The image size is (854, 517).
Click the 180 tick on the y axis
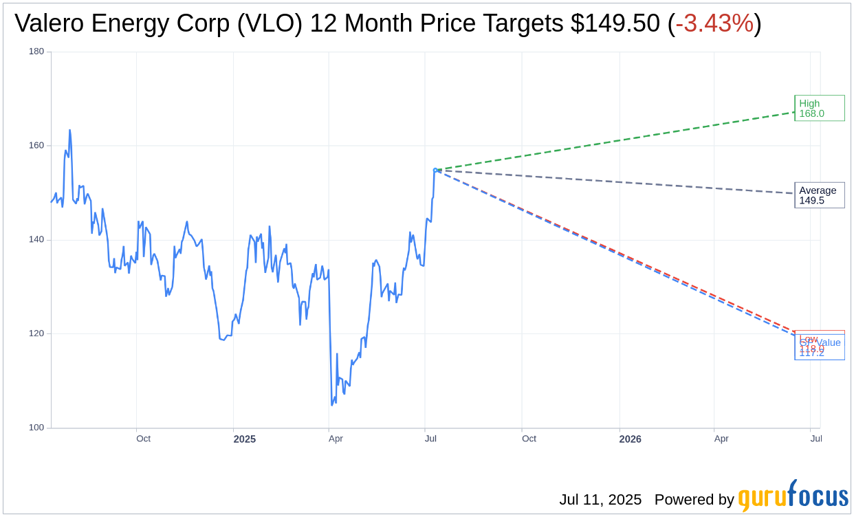click(36, 52)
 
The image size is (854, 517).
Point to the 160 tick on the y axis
click(36, 146)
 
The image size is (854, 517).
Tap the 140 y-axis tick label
click(36, 240)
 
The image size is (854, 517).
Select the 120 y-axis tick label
click(36, 333)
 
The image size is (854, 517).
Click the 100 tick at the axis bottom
click(36, 428)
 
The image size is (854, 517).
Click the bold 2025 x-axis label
click(244, 439)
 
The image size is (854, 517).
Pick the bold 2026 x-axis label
click(630, 439)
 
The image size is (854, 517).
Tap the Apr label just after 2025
click(336, 439)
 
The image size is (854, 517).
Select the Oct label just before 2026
click(529, 439)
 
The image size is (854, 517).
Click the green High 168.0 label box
click(819, 108)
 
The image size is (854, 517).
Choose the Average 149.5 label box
click(819, 195)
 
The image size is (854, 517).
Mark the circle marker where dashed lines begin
click(435, 170)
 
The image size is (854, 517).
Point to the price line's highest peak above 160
click(69, 130)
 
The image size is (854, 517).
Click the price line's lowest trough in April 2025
click(331, 405)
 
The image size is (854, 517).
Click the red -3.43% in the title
click(714, 23)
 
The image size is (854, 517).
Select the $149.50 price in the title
click(615, 23)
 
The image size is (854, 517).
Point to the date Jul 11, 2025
click(600, 500)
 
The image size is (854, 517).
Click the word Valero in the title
click(49, 23)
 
